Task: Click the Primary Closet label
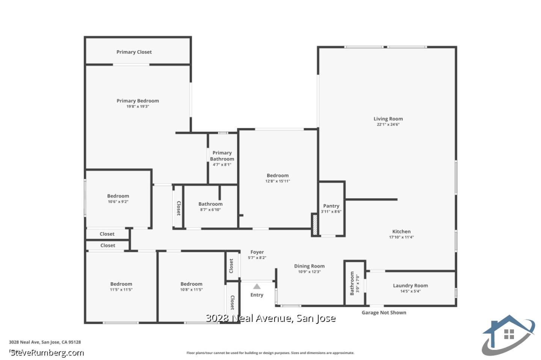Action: pos(134,52)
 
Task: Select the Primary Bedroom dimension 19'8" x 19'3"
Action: pos(138,107)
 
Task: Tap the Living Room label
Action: pos(388,119)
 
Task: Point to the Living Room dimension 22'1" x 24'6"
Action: pos(388,125)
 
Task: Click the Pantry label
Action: pos(331,206)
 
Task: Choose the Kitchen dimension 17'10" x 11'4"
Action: pos(401,237)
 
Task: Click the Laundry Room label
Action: pos(410,285)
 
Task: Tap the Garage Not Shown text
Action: pos(384,313)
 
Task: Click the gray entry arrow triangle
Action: pos(257,286)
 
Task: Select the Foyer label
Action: pos(257,252)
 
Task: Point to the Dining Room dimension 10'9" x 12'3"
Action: pos(309,272)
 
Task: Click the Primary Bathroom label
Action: pos(222,156)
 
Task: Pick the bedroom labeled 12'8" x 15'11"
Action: pos(278,176)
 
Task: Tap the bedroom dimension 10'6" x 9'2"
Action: pos(118,202)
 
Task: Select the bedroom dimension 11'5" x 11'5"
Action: pos(121,290)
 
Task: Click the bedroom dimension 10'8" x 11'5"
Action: pos(191,290)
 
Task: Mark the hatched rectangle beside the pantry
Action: pos(315,224)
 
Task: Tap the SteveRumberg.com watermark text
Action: pos(47,353)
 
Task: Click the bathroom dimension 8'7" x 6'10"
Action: pos(210,210)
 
